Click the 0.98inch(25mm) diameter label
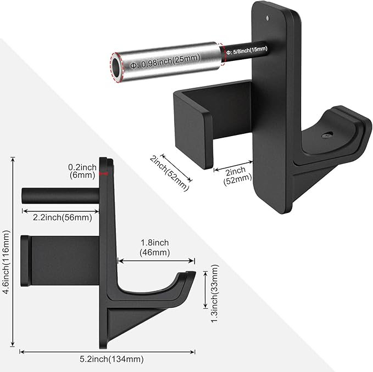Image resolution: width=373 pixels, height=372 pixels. tap(165, 61)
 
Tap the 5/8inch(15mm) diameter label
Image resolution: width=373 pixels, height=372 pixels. tap(247, 50)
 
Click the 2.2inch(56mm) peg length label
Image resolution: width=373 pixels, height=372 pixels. tap(62, 217)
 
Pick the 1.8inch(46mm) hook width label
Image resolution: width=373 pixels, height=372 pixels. tap(155, 247)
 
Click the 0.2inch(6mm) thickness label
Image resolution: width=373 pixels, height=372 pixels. tap(82, 171)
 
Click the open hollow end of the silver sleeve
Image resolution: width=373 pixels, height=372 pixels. tap(116, 67)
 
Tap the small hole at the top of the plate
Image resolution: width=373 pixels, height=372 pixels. tap(268, 18)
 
